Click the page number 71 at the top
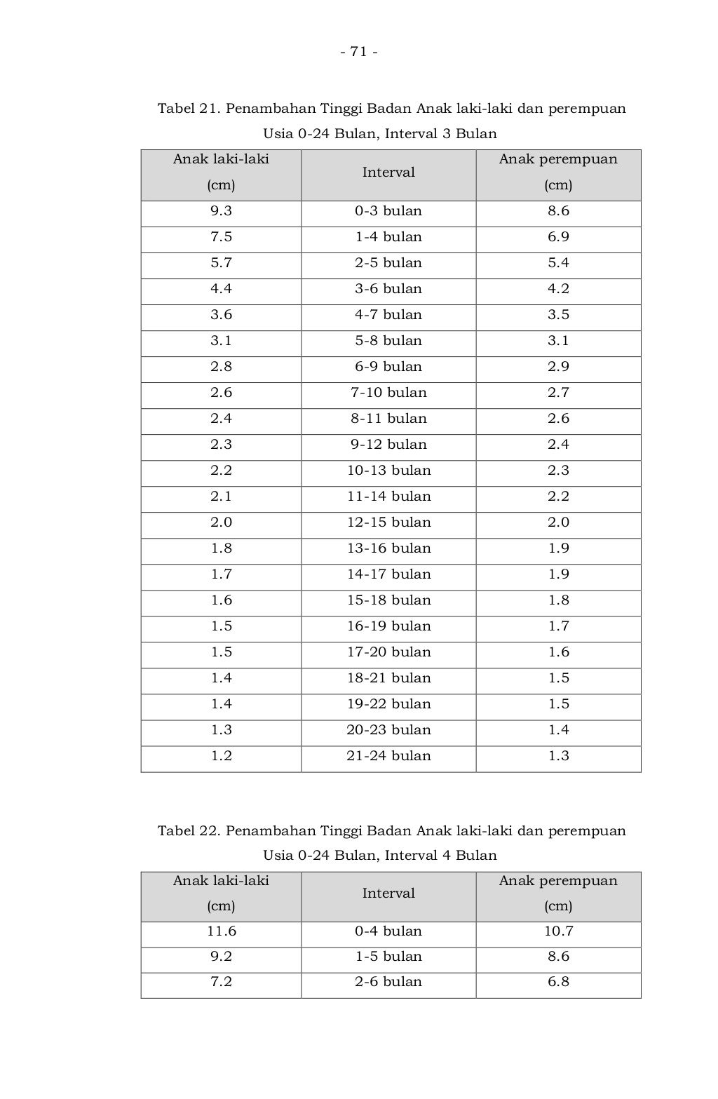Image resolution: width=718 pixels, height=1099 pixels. [359, 52]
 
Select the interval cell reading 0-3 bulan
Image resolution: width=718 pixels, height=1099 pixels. [388, 211]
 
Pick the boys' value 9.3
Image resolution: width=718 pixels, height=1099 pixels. [221, 211]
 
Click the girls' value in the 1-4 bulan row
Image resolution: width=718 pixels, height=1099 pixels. [558, 237]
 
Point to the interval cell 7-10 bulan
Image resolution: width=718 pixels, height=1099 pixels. [388, 393]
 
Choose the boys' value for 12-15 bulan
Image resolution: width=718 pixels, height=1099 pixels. [221, 522]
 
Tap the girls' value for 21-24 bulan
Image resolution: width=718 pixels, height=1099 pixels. [558, 756]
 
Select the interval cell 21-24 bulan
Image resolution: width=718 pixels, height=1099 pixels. [388, 756]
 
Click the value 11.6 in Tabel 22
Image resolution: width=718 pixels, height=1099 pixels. [221, 931]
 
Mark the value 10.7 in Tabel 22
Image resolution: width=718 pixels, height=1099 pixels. [558, 931]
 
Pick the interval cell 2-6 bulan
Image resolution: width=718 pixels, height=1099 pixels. [388, 982]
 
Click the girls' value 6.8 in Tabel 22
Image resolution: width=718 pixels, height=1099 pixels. [558, 982]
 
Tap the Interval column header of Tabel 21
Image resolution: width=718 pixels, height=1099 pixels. [388, 173]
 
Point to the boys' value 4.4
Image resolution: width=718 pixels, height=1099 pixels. [221, 289]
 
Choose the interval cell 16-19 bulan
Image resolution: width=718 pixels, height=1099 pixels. [388, 626]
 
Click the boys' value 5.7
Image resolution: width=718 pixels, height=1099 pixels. [221, 263]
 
